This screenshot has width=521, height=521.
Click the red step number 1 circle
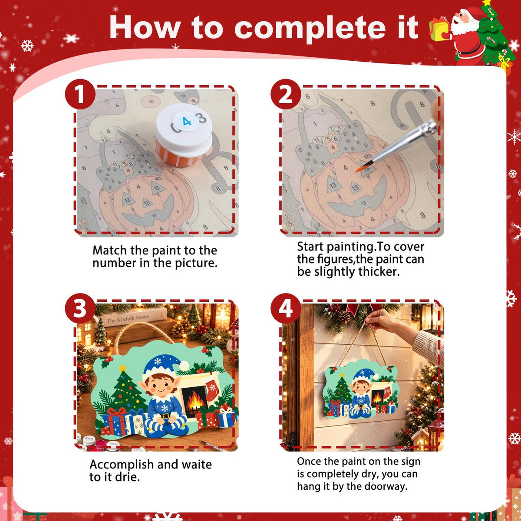80,94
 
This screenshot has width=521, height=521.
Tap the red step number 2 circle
286,94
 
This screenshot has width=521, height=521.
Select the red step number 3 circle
80,308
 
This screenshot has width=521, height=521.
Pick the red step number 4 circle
286,308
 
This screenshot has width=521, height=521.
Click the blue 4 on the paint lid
187,122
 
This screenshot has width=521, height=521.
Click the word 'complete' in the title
310,28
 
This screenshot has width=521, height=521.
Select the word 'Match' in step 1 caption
110,250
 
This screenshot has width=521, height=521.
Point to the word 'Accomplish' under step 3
122,465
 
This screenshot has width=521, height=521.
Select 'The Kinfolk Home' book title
127,319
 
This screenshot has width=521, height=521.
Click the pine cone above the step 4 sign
343,317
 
